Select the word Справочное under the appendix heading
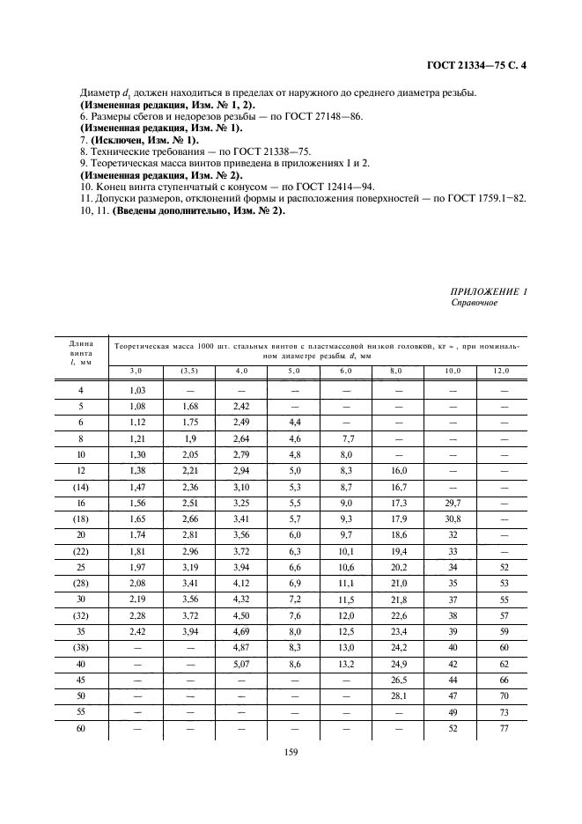tap(474, 303)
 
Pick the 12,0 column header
tap(501, 371)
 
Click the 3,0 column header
tap(136, 371)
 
